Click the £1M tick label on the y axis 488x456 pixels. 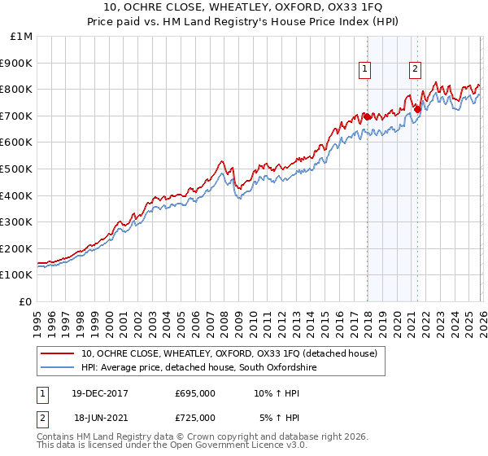[21, 37]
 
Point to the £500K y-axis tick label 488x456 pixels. [16, 169]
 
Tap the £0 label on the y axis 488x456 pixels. [26, 301]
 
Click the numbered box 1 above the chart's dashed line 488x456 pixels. [365, 70]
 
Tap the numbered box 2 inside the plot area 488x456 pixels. [416, 70]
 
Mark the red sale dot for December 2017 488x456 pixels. [367, 116]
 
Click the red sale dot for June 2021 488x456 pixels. [417, 109]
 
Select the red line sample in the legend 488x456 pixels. [58, 354]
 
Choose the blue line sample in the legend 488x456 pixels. [58, 368]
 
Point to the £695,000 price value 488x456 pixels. [195, 393]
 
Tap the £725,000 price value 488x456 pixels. [195, 417]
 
